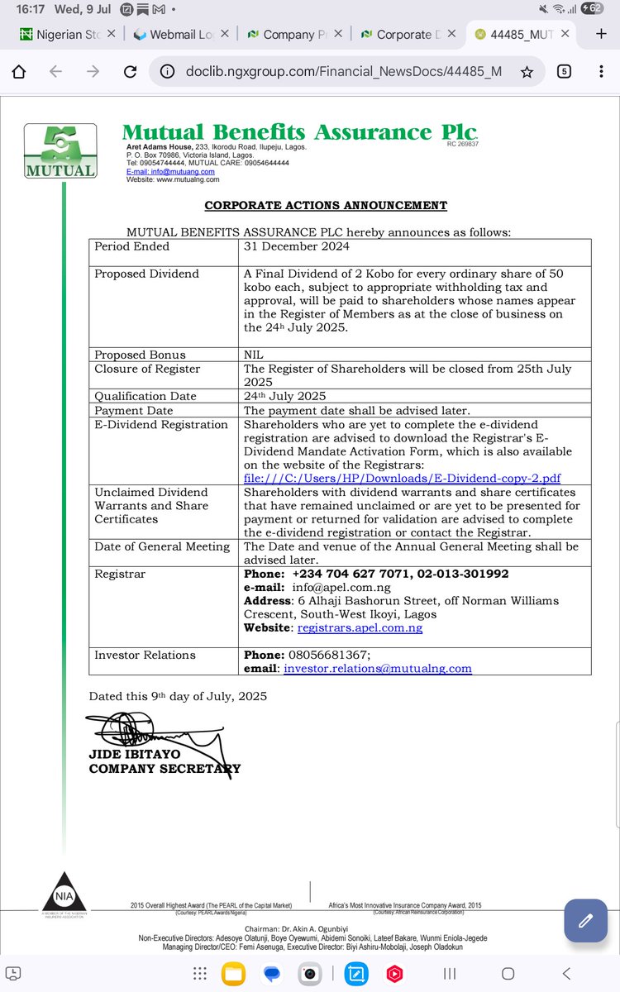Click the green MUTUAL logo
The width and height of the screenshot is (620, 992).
coord(60,150)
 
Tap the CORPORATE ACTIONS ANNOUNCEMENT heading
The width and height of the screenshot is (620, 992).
coord(326,205)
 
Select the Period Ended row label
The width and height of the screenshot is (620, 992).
coord(131,246)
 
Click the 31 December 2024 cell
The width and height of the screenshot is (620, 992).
coord(296,246)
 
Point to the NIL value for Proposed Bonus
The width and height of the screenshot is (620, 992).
coord(255,355)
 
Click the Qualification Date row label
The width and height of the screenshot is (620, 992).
coord(145,396)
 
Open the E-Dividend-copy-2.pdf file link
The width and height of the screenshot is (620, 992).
coord(402,478)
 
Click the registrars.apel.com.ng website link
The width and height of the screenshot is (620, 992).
coord(360,628)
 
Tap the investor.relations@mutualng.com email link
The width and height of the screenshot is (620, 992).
coord(377,668)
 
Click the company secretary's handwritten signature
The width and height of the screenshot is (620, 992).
coord(157,732)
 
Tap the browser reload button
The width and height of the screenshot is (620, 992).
coord(130,72)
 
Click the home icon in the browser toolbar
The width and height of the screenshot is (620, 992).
coord(18,72)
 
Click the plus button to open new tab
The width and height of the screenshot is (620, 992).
coord(601,34)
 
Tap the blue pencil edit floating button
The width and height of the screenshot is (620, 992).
coord(585,919)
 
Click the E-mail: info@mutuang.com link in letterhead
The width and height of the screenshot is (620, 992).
coord(165,171)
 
